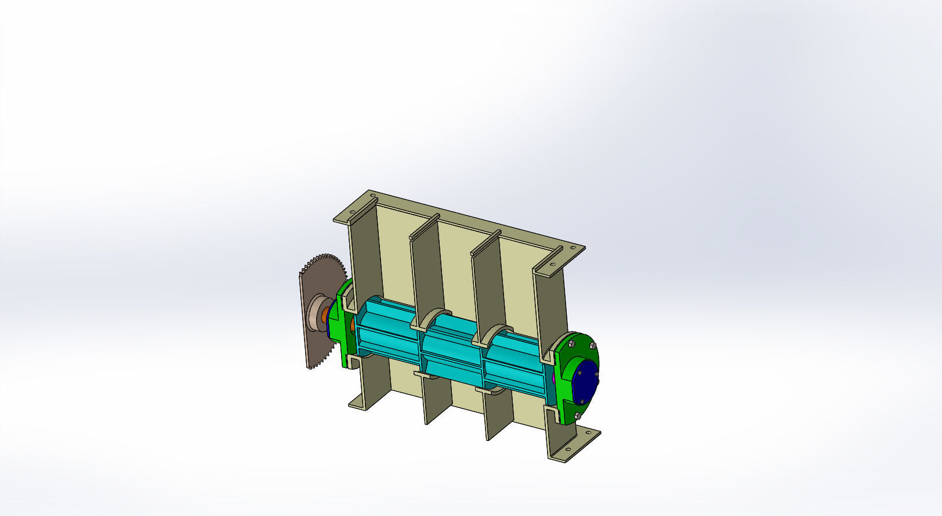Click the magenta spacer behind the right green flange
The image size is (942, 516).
point(555,377)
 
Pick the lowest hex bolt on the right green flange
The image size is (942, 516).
point(578,416)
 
